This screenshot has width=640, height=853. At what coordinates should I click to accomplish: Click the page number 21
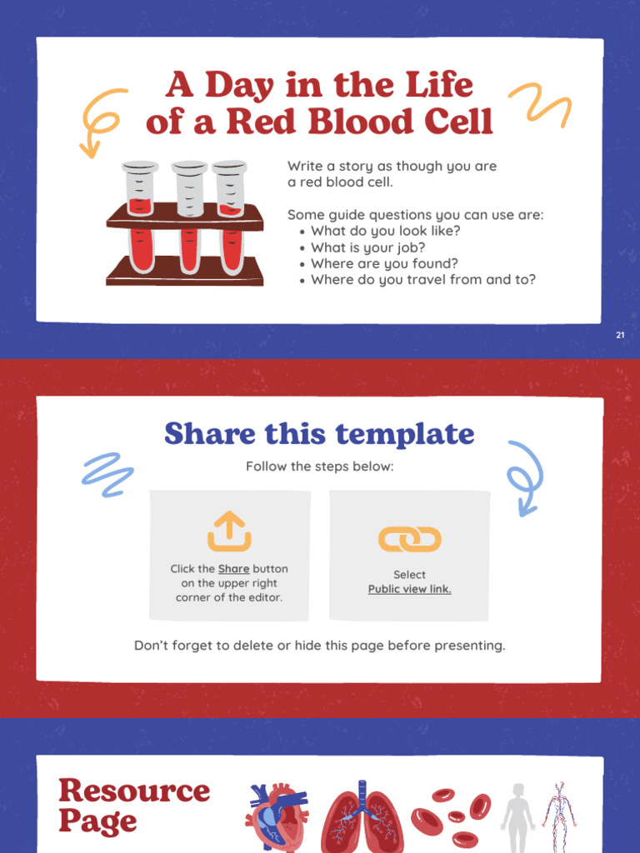pyautogui.click(x=620, y=335)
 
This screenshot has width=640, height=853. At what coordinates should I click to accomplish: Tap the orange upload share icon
pyautogui.click(x=229, y=531)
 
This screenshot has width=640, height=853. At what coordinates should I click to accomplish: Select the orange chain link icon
pyautogui.click(x=409, y=540)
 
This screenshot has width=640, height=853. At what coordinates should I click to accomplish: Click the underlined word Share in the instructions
pyautogui.click(x=233, y=569)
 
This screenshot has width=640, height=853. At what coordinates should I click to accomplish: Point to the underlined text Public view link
pyautogui.click(x=409, y=589)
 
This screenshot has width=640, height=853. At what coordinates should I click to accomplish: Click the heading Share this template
pyautogui.click(x=319, y=434)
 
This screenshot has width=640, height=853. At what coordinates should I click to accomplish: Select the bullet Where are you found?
pyautogui.click(x=384, y=263)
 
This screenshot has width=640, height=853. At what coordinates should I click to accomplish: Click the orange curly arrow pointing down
pyautogui.click(x=100, y=122)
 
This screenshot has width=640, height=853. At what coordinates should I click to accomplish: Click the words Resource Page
pyautogui.click(x=133, y=806)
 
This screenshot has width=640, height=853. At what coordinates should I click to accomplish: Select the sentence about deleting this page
pyautogui.click(x=319, y=646)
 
